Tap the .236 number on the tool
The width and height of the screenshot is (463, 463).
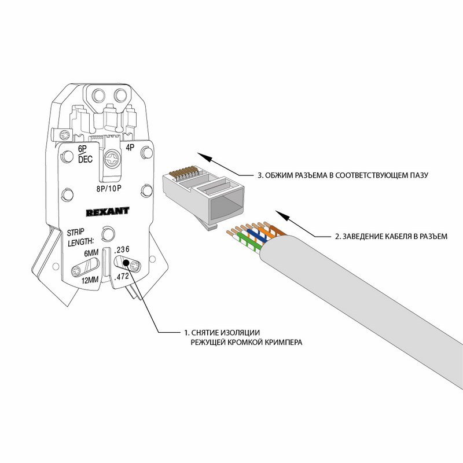click(x=123, y=249)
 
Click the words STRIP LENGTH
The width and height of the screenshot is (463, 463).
click(x=80, y=236)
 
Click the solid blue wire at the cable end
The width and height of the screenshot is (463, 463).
click(x=250, y=234)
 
